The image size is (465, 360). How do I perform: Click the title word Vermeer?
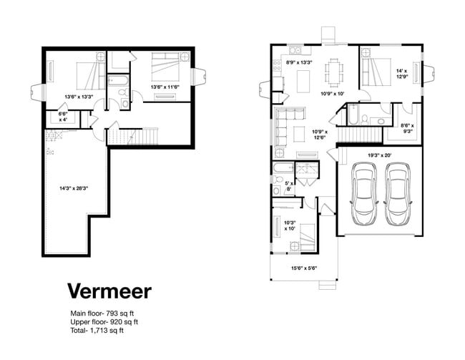(109, 291)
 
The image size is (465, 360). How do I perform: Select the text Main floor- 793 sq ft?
(104, 313)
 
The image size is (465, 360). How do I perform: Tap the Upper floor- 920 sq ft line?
(104, 322)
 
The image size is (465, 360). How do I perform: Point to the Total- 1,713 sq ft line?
(97, 331)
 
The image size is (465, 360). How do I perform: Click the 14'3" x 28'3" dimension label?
(74, 188)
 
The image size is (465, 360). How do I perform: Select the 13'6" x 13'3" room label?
(79, 97)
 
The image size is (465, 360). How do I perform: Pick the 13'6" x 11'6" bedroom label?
(165, 88)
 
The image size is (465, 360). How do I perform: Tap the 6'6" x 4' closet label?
(62, 117)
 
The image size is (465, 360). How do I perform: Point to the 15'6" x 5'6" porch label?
(304, 268)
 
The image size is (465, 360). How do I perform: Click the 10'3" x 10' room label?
(290, 225)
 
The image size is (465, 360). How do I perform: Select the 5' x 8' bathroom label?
(289, 187)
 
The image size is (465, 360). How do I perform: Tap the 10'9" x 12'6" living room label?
(319, 135)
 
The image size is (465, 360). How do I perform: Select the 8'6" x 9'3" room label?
(406, 128)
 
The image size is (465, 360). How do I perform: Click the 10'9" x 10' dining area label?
(333, 94)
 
